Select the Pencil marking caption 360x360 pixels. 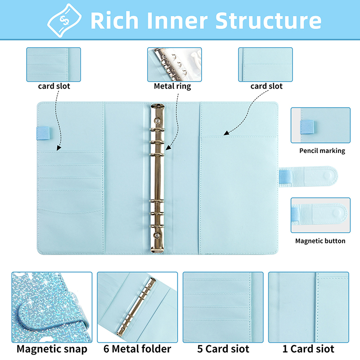click(322, 151)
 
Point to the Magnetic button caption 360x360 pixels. click(320, 241)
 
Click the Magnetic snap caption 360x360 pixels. click(52, 349)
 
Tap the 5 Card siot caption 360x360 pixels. click(223, 349)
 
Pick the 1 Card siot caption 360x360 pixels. click(308, 349)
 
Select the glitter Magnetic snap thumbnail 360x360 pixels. click(52, 306)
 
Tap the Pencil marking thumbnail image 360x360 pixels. click(320, 125)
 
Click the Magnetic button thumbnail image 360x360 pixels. click(320, 215)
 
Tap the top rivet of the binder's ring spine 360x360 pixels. click(157, 121)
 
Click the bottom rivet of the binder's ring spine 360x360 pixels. click(157, 235)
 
